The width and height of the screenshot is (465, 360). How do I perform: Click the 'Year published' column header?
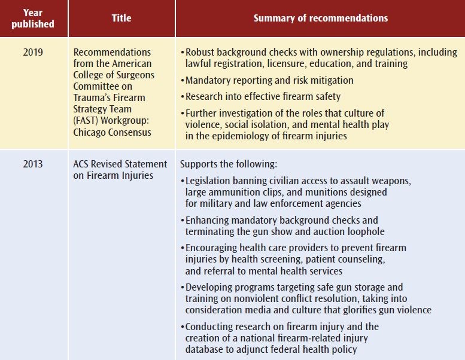pos(34,19)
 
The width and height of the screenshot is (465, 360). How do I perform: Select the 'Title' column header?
pos(121,18)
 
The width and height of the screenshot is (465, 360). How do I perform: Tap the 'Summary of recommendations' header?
pos(320,18)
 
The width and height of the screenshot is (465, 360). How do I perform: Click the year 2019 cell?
pos(34,53)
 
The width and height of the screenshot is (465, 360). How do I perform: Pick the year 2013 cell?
pos(34,164)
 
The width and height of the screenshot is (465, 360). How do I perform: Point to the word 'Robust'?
pos(200,53)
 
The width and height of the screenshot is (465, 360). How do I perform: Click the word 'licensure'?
pos(285,63)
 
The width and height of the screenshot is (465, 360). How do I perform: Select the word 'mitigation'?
pos(328,80)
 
